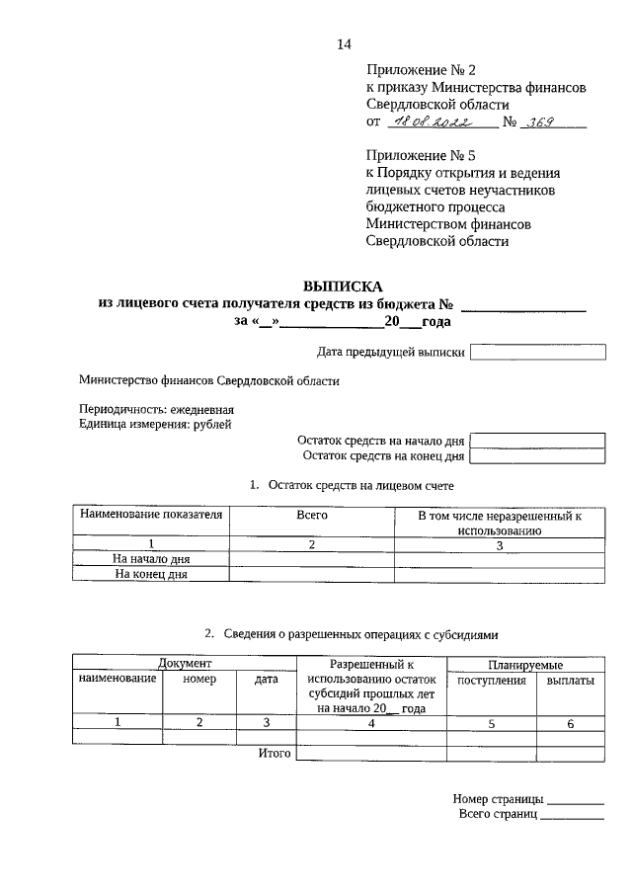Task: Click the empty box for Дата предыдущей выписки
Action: (538, 352)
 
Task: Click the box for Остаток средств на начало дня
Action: (538, 441)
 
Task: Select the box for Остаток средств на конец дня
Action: (538, 456)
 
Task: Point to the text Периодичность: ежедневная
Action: (156, 409)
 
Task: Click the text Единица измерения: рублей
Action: (155, 424)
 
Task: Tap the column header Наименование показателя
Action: (151, 516)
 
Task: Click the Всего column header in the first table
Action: (312, 516)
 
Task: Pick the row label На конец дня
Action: (151, 573)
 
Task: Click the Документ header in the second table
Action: (185, 665)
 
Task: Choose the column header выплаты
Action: (570, 681)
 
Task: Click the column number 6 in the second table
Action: (570, 723)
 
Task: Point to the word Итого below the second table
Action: (275, 754)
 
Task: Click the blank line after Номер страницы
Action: (575, 800)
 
